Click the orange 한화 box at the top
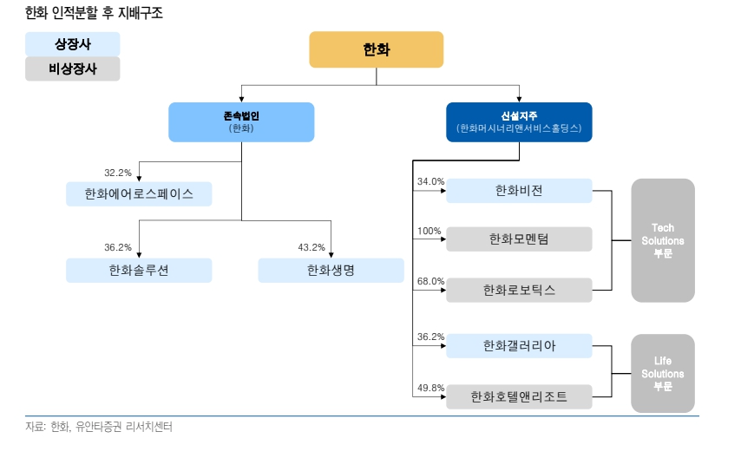[x=376, y=49]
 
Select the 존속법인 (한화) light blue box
[x=241, y=121]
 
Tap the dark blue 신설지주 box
[x=519, y=121]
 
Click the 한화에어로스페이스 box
[x=139, y=193]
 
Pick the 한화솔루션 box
[x=139, y=271]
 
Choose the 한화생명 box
[x=331, y=271]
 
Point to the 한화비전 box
[x=519, y=191]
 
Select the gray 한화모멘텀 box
[x=519, y=239]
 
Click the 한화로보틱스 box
[x=519, y=291]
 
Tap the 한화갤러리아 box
[x=519, y=346]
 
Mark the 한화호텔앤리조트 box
[x=519, y=397]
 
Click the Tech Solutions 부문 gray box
[x=663, y=240]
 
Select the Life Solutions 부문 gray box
[x=663, y=373]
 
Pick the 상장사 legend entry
[x=73, y=44]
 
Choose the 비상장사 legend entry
[x=73, y=69]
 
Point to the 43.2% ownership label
[x=311, y=247]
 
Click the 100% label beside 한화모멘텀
[x=430, y=232]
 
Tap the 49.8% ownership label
[x=430, y=388]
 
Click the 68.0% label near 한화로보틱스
[x=430, y=282]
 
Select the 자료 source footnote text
[x=99, y=427]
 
